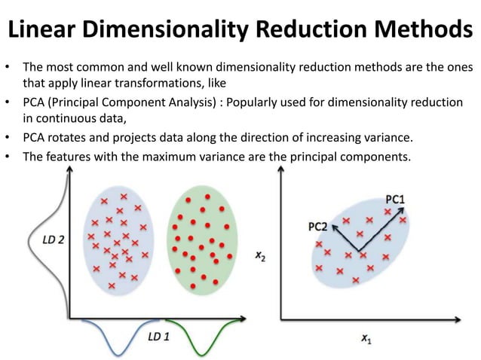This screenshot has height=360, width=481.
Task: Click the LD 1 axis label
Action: (x=158, y=335)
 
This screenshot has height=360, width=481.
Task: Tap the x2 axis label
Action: (x=259, y=256)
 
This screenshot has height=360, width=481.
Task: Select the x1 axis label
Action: (x=367, y=340)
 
